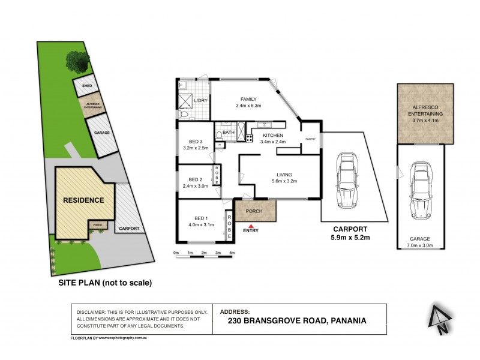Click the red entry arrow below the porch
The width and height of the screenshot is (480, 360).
pos(245,224)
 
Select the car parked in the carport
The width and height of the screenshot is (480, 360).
pos(346,179)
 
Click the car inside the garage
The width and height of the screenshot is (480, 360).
pos(420,191)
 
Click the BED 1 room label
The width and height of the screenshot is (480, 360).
pos(201,218)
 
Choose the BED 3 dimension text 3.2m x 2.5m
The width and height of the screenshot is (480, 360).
pos(195,148)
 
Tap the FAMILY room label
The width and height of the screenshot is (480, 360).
pos(248,99)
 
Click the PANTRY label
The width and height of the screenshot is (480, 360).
pos(310,139)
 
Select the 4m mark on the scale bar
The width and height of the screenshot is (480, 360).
pos(232,253)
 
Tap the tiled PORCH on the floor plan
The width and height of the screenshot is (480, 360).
pos(255,211)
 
